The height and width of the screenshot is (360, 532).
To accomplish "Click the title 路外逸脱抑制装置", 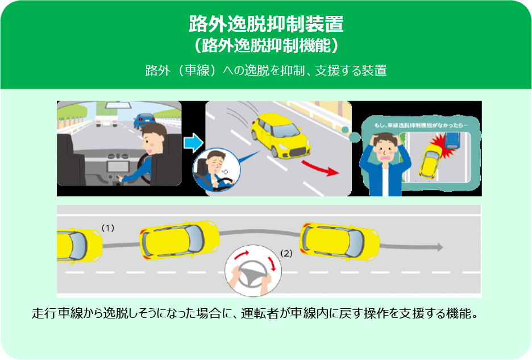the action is point(266,24).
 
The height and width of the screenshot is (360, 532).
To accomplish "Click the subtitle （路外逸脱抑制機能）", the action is point(266,45).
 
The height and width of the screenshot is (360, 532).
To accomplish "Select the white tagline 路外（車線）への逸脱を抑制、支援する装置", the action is point(266,71).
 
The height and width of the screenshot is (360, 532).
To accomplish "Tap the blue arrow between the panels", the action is point(193,143).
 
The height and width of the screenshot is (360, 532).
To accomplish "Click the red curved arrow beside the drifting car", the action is point(321,168).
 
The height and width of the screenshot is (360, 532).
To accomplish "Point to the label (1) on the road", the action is point(108,228).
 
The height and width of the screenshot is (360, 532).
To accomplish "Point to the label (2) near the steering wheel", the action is point(286,253).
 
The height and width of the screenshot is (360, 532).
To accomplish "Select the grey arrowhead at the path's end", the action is point(440,247).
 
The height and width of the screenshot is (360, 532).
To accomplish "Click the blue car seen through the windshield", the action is point(144,120).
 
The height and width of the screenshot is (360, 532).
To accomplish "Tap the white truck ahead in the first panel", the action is point(107,114).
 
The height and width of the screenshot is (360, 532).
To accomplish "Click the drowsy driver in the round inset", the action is point(217,169).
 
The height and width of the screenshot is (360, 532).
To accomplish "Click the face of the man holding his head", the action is point(385,149).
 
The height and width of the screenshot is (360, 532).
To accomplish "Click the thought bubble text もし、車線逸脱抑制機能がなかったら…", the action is point(421,125).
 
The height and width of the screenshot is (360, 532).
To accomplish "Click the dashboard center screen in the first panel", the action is point(118,167).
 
